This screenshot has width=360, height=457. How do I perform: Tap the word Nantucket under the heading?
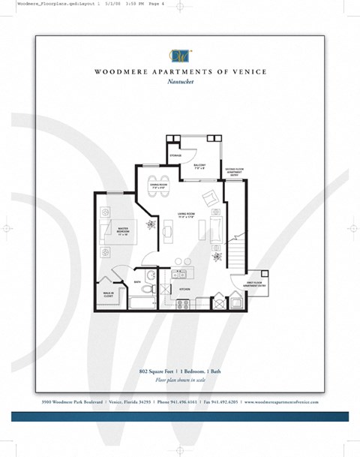[x=181, y=83]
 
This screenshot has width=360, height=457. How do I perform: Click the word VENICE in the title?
[x=243, y=73]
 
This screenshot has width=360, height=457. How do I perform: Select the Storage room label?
[x=175, y=155]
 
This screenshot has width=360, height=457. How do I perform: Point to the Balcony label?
[x=200, y=166]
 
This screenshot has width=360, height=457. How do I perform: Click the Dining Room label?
[x=158, y=185]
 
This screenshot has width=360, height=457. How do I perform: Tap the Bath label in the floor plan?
[x=138, y=282]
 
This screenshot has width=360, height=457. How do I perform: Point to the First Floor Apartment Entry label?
[x=255, y=285]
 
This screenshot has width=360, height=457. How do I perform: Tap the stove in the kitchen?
[x=182, y=302]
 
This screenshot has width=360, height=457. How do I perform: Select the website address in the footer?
[x=281, y=402]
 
